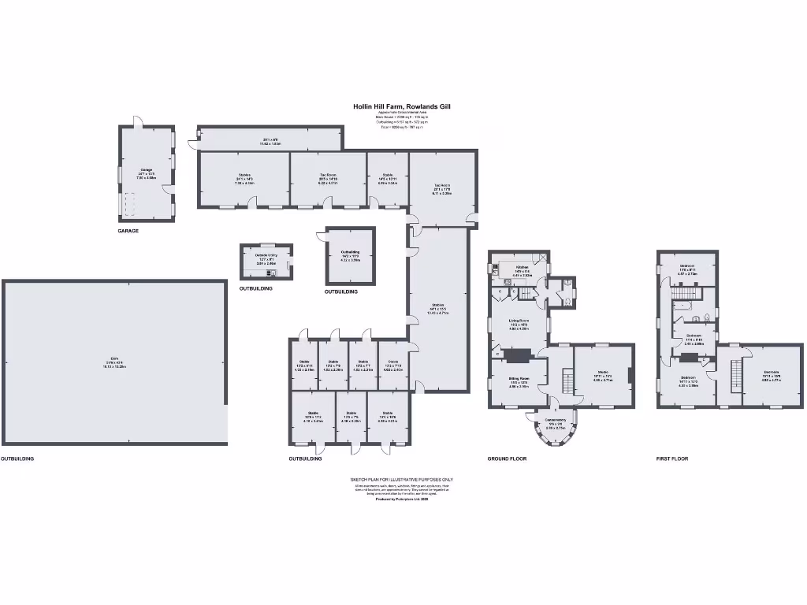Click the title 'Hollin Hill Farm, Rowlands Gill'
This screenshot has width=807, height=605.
coord(402,106)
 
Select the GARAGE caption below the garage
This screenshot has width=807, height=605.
coord(128,231)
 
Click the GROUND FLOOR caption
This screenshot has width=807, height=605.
coord(507,458)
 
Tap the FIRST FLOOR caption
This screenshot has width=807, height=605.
coord(672,458)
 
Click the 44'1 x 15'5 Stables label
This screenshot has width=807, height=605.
coord(438,308)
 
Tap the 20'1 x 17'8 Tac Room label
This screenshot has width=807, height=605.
coord(441,190)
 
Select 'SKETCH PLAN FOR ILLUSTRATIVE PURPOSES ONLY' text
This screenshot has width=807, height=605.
coord(402,479)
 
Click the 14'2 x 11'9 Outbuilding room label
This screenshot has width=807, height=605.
coord(351,256)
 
